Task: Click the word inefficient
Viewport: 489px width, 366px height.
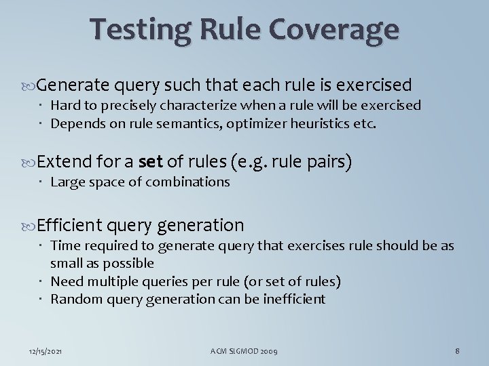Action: (293, 298)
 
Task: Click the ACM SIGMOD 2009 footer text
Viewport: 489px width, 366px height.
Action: (244, 350)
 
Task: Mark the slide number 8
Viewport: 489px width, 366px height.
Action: (458, 350)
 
